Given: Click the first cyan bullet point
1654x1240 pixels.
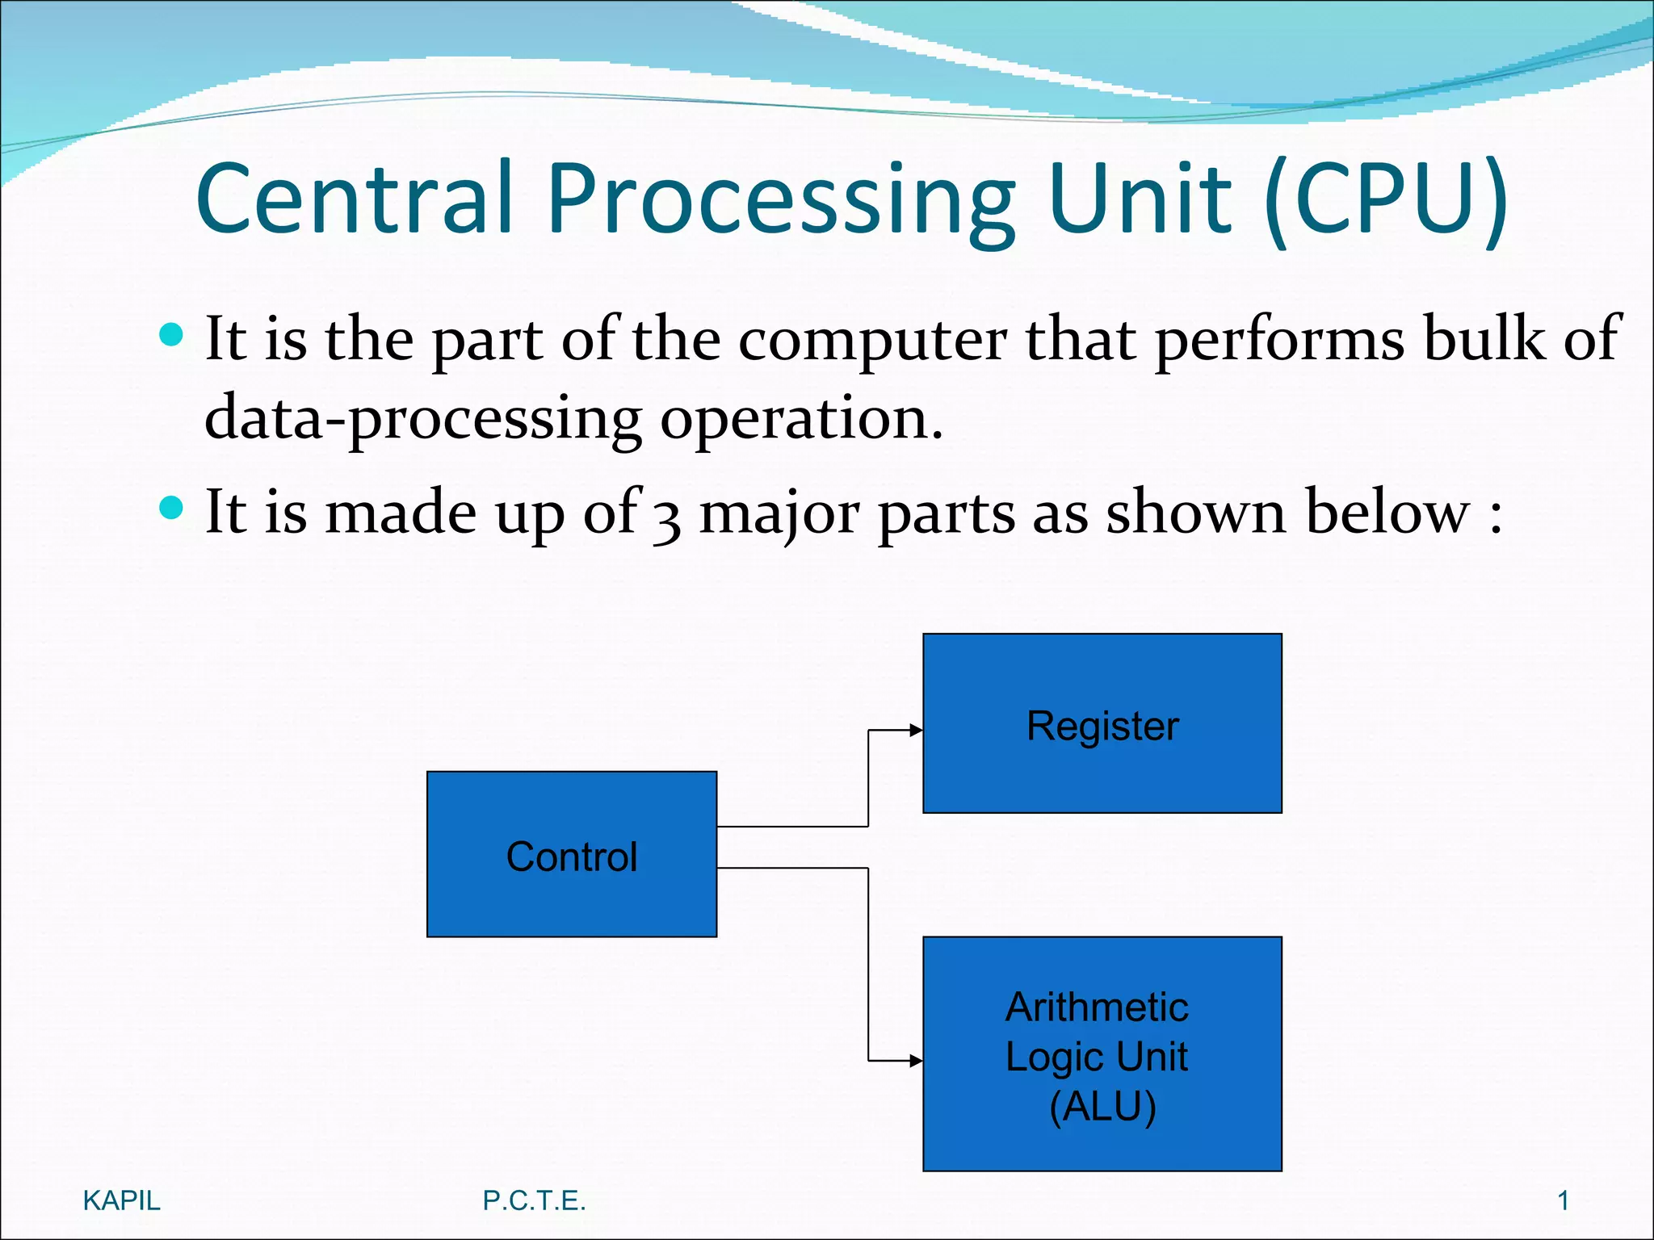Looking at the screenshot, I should pyautogui.click(x=172, y=334).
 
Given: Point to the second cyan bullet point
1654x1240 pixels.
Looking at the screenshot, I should pyautogui.click(x=172, y=508).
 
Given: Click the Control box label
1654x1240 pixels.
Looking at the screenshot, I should pyautogui.click(x=572, y=857).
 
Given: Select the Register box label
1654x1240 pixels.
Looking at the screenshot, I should pyautogui.click(x=1102, y=726).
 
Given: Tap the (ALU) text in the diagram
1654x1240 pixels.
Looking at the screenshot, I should pyautogui.click(x=1102, y=1106).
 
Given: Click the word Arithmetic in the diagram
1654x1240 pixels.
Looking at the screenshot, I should pyautogui.click(x=1097, y=1007).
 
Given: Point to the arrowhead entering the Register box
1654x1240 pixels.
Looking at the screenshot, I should pyautogui.click(x=916, y=731).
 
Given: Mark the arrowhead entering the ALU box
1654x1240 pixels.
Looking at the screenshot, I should pyautogui.click(x=916, y=1061).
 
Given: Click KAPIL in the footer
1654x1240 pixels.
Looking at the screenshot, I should pyautogui.click(x=121, y=1201).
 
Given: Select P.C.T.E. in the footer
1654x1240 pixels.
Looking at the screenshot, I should pyautogui.click(x=534, y=1201).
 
